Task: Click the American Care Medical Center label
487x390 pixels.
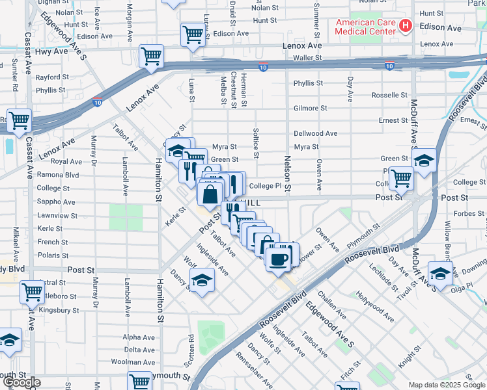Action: coord(365,26)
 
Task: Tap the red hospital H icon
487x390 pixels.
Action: coord(406,26)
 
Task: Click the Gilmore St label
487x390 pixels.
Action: coord(310,108)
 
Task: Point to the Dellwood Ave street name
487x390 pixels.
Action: coord(315,133)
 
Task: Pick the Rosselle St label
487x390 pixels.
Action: coord(389,95)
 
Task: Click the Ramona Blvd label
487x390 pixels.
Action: coord(58,175)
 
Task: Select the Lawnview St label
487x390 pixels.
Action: coord(57,216)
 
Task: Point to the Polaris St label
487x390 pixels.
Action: coord(53,256)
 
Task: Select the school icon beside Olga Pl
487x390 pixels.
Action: coord(440,274)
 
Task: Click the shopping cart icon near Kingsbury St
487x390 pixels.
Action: coord(32,292)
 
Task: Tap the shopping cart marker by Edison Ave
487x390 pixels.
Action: coord(193,34)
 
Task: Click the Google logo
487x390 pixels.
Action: coord(21,383)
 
